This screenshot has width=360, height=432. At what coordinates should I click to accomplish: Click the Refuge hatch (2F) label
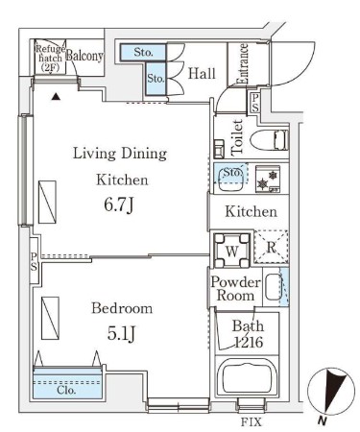[x=50, y=59]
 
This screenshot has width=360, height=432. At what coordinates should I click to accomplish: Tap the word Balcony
[x=84, y=56]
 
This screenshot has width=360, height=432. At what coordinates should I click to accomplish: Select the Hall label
[x=202, y=73]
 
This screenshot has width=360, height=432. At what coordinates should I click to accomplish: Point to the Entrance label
[x=242, y=63]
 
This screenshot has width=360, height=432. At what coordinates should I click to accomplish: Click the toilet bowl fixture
[x=270, y=140]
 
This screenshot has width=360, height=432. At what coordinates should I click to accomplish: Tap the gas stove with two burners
[x=268, y=179]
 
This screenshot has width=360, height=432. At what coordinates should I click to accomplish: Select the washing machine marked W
[x=231, y=251]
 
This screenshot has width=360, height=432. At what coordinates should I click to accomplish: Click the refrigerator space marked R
[x=272, y=247]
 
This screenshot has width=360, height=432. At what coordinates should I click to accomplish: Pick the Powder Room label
[x=235, y=289]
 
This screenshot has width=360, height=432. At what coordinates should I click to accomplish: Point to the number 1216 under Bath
[x=249, y=343]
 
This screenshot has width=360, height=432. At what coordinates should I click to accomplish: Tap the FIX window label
[x=251, y=422]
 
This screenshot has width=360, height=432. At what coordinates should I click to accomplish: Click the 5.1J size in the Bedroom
[x=122, y=334]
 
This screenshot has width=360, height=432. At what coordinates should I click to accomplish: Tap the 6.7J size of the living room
[x=118, y=204]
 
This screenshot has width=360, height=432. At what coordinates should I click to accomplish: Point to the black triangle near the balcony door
[x=56, y=96]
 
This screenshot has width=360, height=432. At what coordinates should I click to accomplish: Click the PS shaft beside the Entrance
[x=254, y=103]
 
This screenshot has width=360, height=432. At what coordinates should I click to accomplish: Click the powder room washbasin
[x=273, y=287]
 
